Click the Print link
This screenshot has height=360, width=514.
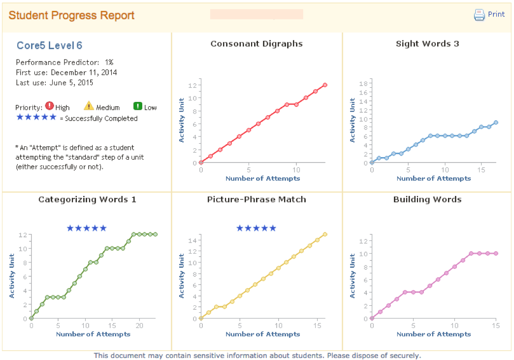point(496,14)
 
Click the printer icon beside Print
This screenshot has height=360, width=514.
point(479,15)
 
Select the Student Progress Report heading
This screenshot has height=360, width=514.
point(71,15)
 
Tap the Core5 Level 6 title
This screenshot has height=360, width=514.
point(49,46)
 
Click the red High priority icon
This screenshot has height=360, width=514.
point(49,106)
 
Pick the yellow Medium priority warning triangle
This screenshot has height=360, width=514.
point(89,106)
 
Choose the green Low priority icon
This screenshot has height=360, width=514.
point(138,106)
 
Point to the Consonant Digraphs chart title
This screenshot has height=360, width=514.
point(257,44)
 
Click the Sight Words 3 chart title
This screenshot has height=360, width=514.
point(427,44)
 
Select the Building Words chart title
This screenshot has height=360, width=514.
point(427,199)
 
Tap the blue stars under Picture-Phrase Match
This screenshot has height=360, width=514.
point(256,228)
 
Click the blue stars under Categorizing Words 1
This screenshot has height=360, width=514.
point(87,228)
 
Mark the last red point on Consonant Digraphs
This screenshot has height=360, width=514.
point(325,85)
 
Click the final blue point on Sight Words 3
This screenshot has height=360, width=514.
point(496,123)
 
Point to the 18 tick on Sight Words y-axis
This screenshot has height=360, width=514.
point(365,83)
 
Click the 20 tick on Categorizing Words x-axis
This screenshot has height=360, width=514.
point(139,326)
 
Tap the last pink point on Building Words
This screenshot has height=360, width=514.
point(496,253)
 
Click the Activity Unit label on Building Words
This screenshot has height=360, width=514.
point(353,276)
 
